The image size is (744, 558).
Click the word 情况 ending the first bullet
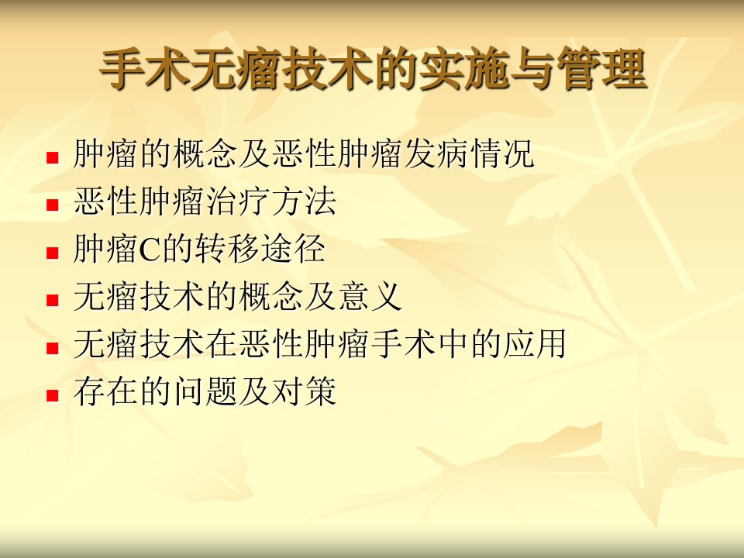[503, 153]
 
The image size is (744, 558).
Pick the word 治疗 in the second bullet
[239, 201]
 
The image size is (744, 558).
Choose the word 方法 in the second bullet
[305, 201]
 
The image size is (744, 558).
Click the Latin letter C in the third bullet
[150, 250]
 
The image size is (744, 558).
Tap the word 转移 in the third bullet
[227, 249]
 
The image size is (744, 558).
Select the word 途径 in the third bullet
[293, 249]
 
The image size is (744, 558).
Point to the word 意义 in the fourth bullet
[370, 296]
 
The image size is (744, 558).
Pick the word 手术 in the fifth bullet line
[403, 343]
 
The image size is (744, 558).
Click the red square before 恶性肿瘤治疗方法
[52, 205]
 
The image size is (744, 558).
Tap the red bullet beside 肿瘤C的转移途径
[52, 253]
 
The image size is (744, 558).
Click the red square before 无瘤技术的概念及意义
[52, 300]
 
